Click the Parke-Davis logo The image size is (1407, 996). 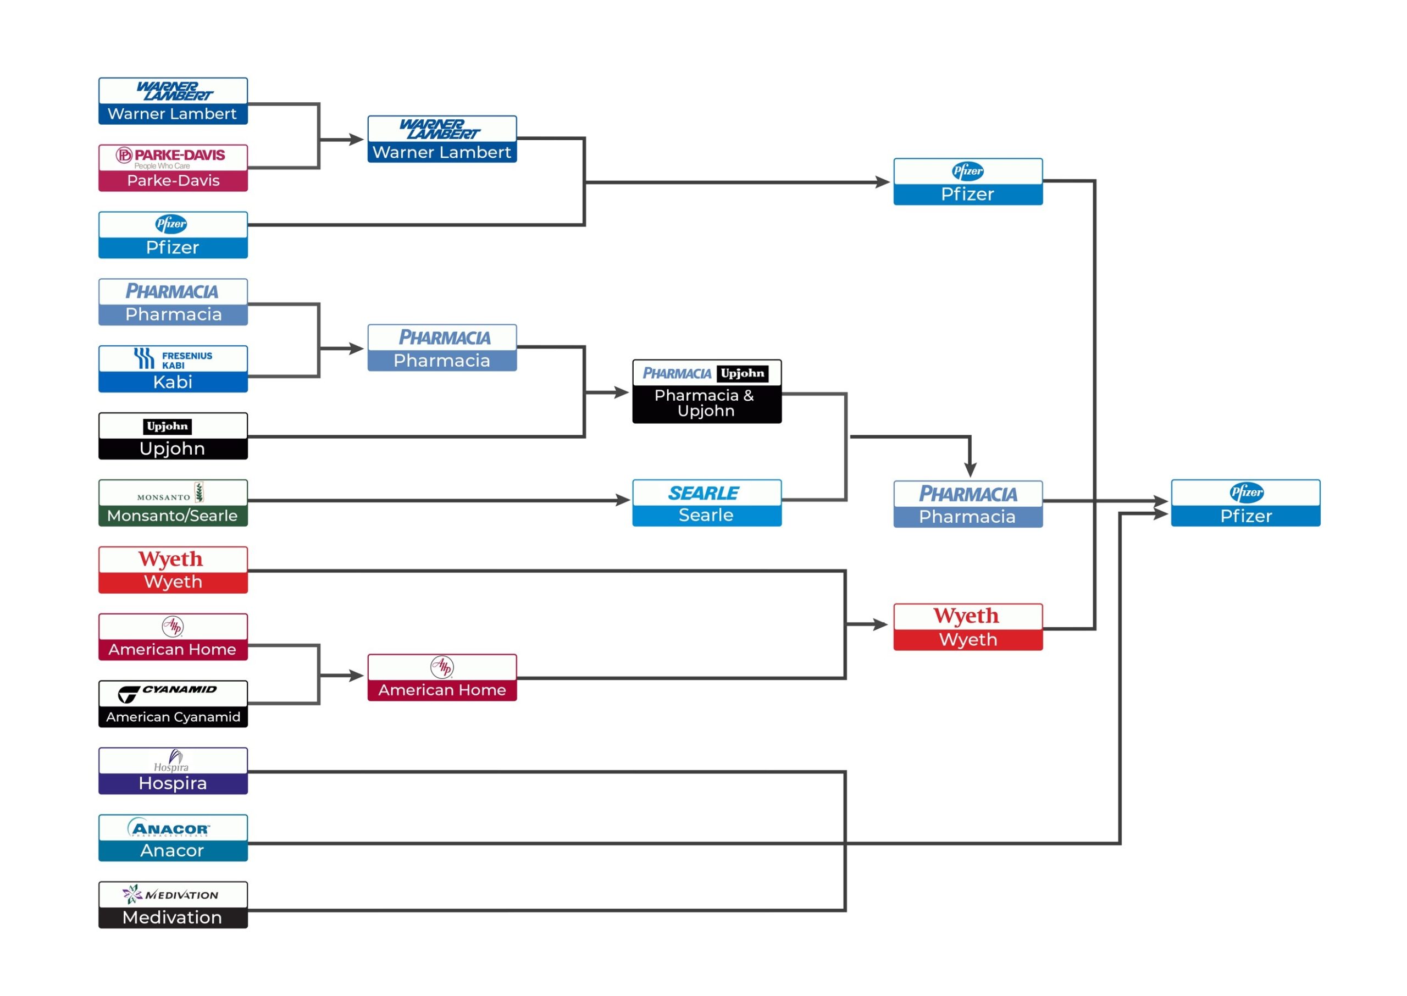tap(170, 157)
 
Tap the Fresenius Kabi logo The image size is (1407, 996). tap(173, 359)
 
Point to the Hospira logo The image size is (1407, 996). tap(171, 761)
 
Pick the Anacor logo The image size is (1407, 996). tap(169, 828)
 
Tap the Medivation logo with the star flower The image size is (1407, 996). tap(170, 895)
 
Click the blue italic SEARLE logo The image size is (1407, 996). tap(704, 493)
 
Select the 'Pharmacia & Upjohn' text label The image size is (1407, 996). tap(705, 403)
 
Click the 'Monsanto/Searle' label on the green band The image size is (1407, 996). tap(172, 516)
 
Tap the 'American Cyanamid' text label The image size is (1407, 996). tap(173, 717)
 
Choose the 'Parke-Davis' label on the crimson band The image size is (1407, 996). tap(174, 180)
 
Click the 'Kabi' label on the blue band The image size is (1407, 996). tap(173, 382)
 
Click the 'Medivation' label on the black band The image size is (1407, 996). tap(171, 917)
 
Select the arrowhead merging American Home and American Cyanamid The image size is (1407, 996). tap(357, 676)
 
